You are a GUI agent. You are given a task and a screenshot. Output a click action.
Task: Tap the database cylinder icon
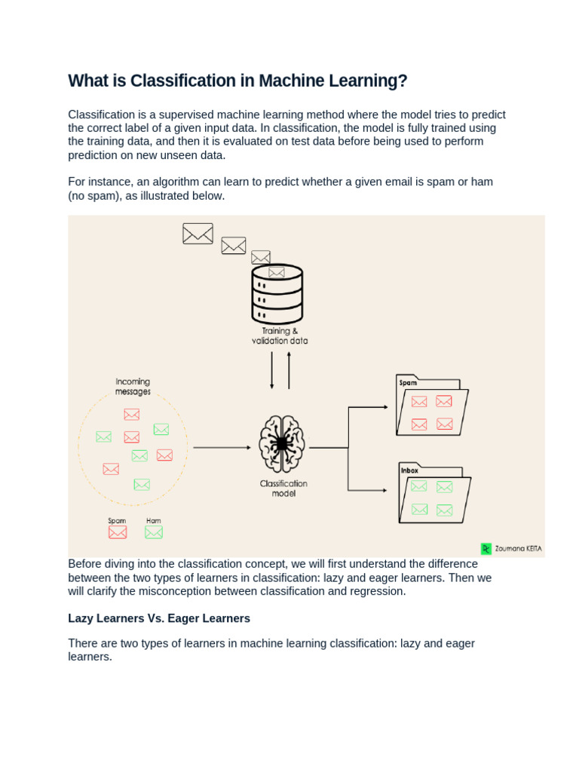[x=277, y=294]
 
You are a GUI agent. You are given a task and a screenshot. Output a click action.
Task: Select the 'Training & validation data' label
[x=280, y=335]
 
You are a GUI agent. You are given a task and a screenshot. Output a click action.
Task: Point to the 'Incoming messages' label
[x=133, y=387]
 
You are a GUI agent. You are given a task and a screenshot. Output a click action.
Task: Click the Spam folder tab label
[x=408, y=383]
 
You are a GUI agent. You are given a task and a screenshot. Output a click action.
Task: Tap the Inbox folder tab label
[x=409, y=470]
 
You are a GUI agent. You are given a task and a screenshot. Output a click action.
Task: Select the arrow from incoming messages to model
[x=222, y=448]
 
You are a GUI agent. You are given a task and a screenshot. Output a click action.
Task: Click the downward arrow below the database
[x=272, y=370]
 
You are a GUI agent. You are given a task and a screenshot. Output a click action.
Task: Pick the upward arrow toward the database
[x=289, y=369]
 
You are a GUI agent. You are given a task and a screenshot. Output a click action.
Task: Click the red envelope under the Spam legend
[x=118, y=532]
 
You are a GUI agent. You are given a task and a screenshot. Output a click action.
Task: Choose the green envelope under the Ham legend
[x=154, y=532]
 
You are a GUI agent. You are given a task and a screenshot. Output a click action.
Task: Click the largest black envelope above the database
[x=198, y=234]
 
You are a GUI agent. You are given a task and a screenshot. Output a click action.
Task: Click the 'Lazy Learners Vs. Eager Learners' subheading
[x=159, y=618]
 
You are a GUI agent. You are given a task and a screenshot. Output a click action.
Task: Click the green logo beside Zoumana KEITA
[x=486, y=549]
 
